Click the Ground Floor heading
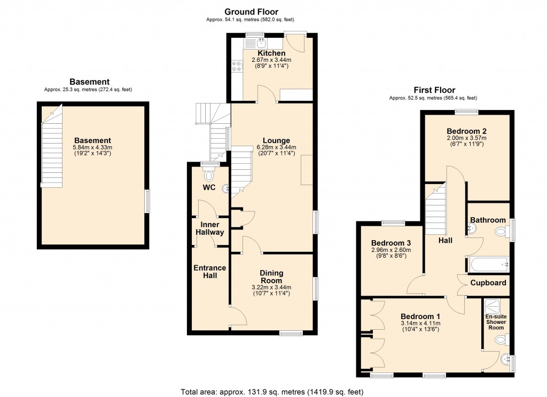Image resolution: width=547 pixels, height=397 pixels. pos(251,12)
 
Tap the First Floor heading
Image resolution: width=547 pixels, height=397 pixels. pos(434,90)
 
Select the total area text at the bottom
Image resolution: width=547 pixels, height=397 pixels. pos(273,391)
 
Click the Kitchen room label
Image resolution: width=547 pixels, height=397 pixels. pos(271,53)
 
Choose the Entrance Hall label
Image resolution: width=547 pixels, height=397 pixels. pos(210,272)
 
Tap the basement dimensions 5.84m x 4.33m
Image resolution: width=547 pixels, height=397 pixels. pos(92,148)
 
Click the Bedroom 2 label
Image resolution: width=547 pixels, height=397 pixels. pos(466,131)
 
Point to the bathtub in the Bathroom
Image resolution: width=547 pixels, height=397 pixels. pos(488,263)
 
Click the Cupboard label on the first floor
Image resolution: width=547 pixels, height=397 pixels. pos(488,283)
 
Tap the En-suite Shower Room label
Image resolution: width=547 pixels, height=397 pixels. pos(496,322)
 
